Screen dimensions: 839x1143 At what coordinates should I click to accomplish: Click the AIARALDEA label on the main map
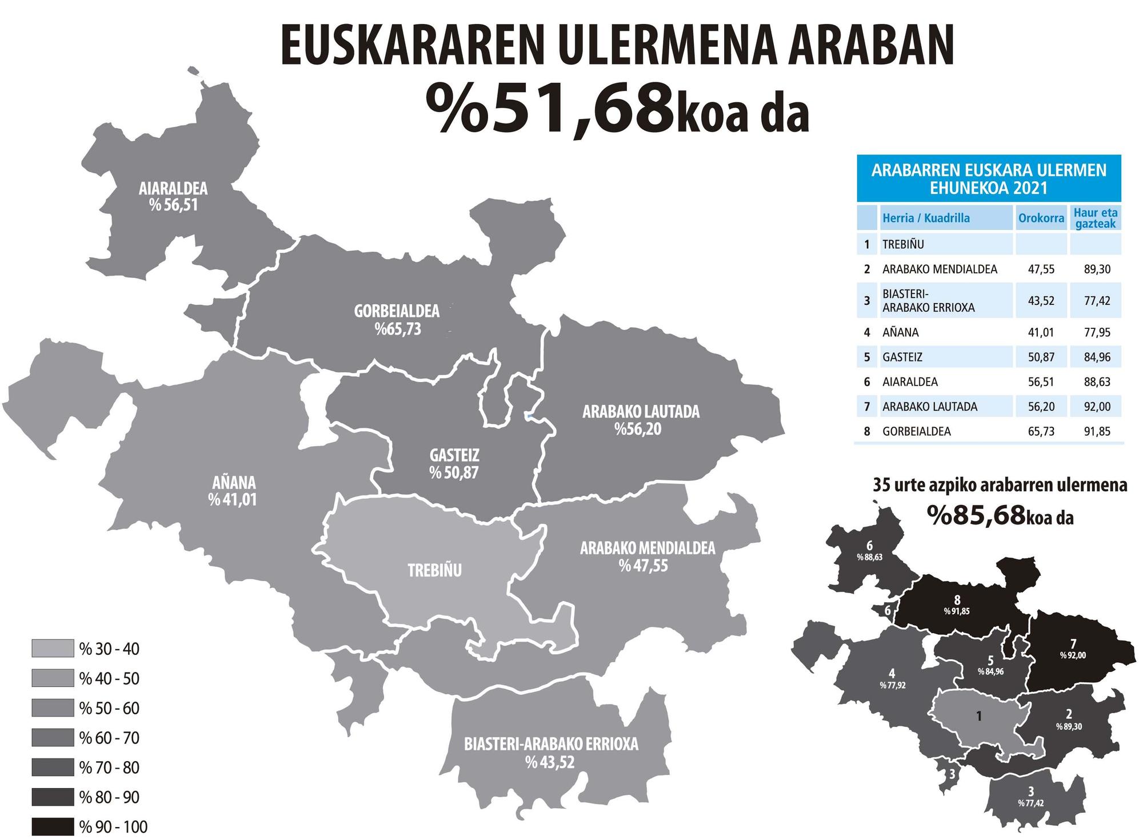173,188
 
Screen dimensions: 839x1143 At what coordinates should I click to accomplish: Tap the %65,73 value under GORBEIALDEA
398,329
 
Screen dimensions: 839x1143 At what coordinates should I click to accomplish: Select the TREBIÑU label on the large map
434,570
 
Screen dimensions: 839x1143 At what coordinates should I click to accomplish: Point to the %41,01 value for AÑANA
233,500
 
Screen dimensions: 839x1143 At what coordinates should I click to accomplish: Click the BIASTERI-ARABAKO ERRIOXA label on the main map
551,744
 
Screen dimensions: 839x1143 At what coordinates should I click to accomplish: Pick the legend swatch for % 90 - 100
53,826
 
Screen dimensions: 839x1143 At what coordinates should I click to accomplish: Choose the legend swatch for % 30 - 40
53,649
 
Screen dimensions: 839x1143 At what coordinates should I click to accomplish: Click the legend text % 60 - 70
109,738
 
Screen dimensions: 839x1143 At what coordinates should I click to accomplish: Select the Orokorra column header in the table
1041,218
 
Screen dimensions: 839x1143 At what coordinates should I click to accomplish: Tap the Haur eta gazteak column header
1095,218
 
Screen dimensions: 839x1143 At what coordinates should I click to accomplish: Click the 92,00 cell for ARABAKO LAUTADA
1097,407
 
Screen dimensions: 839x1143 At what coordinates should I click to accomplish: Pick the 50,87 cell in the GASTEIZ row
1041,357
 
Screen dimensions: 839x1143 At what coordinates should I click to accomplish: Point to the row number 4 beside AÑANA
867,332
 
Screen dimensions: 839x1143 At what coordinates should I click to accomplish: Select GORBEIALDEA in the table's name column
916,431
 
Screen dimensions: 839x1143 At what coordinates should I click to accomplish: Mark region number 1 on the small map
979,715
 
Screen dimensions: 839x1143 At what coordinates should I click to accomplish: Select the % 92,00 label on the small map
1073,655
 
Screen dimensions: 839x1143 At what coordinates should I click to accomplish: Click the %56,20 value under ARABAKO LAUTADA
638,429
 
